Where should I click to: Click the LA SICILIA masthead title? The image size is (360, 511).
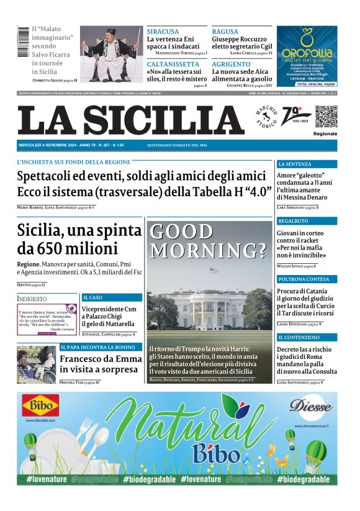tap(130, 120)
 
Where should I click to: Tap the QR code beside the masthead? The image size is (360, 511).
tap(325, 116)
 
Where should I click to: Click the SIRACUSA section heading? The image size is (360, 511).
tap(163, 31)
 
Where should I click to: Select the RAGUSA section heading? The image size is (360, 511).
tap(225, 31)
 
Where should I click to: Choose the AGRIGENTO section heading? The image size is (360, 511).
tap(231, 64)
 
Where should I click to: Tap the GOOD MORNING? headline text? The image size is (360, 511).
tap(209, 241)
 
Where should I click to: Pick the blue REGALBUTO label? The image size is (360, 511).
tap(293, 221)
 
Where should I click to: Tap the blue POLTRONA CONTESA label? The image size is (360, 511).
tap(303, 279)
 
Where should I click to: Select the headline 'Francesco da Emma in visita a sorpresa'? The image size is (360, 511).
tap(99, 364)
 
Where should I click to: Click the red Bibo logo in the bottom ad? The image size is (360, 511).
tap(41, 407)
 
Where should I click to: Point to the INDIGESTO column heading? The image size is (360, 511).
tap(32, 299)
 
